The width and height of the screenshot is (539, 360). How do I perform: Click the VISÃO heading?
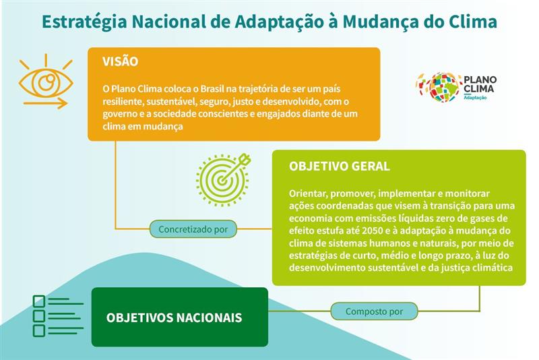click(120, 62)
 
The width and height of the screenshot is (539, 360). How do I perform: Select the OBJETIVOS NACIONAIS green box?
click(179, 317)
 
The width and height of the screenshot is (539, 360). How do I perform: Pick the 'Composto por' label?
click(374, 311)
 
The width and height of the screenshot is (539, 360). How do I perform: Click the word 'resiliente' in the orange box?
click(121, 101)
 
